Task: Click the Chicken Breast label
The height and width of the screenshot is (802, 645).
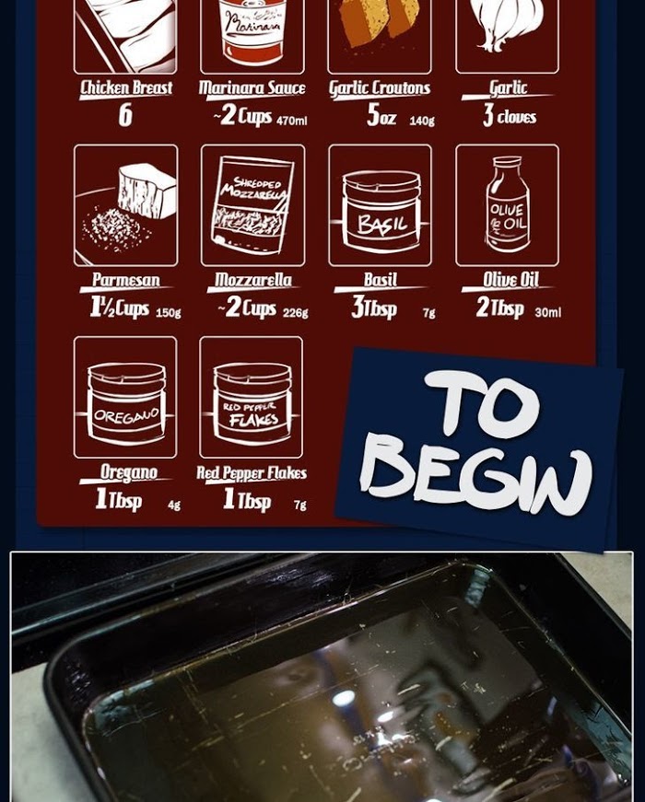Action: (x=126, y=87)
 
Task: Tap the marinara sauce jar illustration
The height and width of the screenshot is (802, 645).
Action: (x=252, y=31)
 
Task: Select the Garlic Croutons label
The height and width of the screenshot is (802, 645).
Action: (x=380, y=88)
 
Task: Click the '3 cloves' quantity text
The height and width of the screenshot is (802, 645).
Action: (x=510, y=116)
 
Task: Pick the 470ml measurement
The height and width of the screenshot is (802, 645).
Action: (x=292, y=121)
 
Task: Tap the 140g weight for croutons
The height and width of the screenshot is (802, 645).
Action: (x=422, y=121)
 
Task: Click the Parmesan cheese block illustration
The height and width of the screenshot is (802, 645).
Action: (x=147, y=191)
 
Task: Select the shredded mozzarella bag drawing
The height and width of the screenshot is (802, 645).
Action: (x=252, y=205)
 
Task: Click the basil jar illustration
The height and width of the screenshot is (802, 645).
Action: (x=381, y=211)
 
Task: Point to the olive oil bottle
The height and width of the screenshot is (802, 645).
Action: (x=508, y=203)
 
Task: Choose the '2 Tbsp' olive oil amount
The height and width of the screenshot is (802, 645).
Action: (x=499, y=308)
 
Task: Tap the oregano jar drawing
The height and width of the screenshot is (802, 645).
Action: (x=126, y=402)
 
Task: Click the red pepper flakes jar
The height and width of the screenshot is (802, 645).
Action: (x=252, y=402)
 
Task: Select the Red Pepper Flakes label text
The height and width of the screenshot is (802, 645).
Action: (x=252, y=473)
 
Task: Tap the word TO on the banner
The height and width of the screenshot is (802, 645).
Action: (x=481, y=404)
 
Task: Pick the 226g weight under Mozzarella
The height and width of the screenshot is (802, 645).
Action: (x=296, y=312)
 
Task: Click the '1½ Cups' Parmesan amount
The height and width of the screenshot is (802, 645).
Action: (x=119, y=308)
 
